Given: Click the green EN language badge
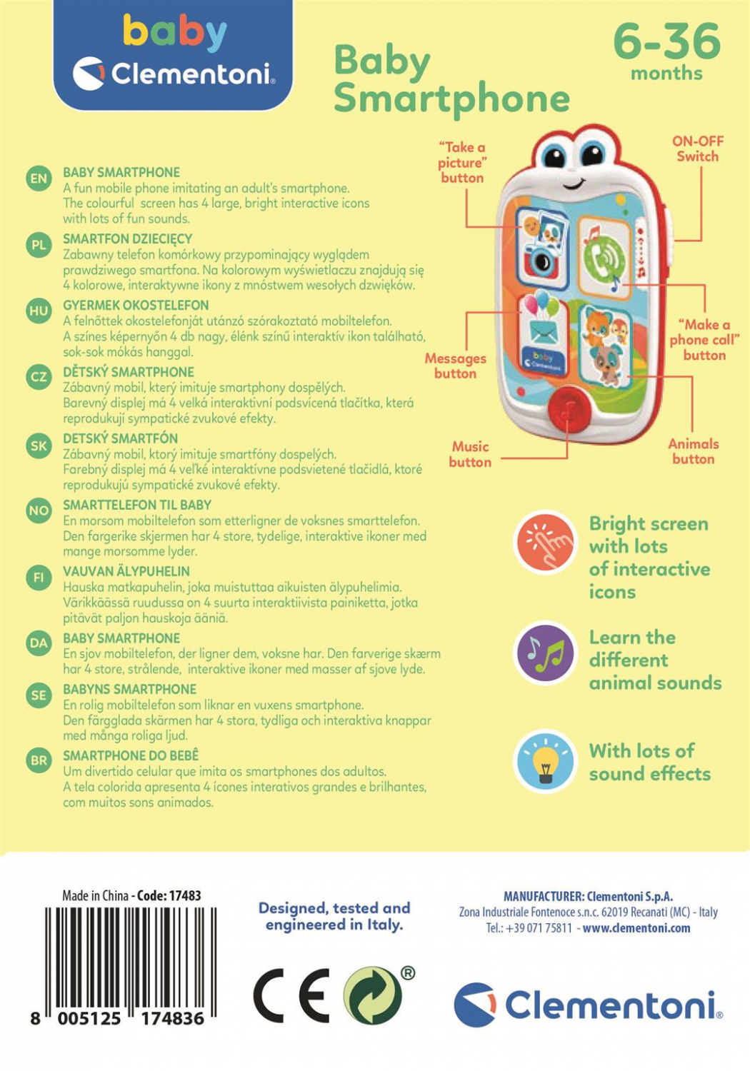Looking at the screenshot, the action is point(39,178).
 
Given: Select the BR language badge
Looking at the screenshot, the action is point(39,760).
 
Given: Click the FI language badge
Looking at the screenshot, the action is point(39,578).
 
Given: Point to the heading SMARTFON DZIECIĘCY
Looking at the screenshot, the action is point(128,238).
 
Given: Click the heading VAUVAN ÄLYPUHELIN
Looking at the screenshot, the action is point(126,571).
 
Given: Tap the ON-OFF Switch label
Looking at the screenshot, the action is point(697,149).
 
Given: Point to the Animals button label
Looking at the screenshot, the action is point(693,451).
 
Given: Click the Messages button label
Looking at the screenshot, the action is point(455,366).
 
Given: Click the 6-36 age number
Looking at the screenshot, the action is point(666,41).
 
